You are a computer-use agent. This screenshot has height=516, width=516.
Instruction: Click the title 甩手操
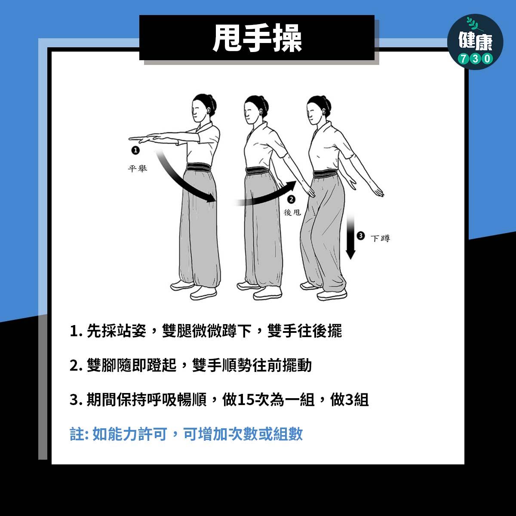[x=257, y=37]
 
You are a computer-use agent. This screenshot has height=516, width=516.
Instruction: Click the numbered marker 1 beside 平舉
[x=135, y=150]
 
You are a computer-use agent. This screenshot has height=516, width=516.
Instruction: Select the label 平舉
[x=138, y=169]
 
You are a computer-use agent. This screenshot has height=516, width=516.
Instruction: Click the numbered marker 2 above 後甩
[x=291, y=199]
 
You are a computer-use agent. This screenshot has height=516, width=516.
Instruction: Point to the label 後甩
[x=292, y=212]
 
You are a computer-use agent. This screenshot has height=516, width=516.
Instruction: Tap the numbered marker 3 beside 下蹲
[x=360, y=235]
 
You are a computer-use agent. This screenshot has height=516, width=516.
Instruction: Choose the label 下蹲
[x=380, y=238]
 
